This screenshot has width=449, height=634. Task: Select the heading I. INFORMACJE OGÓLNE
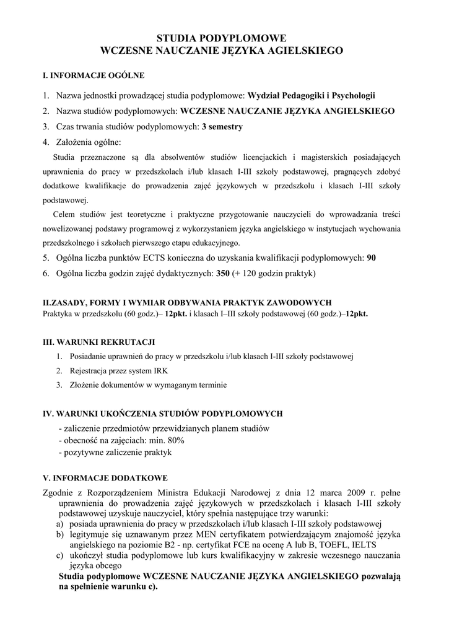(x=93, y=76)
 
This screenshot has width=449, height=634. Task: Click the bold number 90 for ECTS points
(x=372, y=258)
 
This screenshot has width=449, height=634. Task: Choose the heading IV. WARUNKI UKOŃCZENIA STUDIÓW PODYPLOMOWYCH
(x=162, y=413)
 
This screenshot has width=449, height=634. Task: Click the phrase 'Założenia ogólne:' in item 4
(x=89, y=142)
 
